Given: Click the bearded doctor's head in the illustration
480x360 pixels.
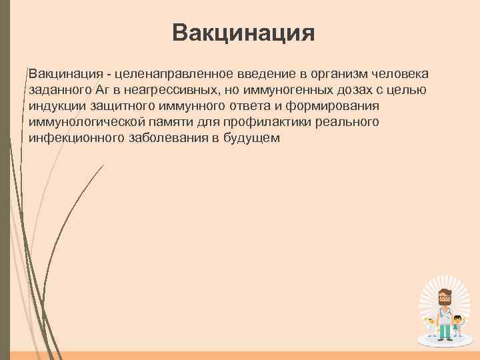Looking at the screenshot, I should point(443,299).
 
